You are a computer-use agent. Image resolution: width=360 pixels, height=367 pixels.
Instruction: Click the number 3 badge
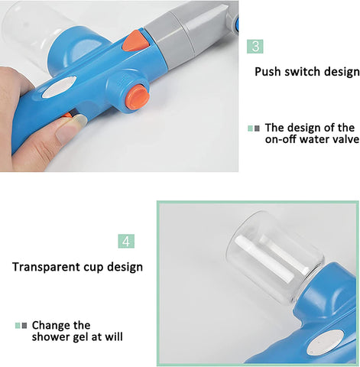point(255,47)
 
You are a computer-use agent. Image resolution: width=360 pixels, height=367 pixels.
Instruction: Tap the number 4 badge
point(126,241)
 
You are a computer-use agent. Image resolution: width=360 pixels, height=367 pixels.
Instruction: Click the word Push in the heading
point(268,72)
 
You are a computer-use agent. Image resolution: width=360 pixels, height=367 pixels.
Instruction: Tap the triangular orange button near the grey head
point(135,41)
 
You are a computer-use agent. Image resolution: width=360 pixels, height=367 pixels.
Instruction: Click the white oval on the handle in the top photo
point(59,88)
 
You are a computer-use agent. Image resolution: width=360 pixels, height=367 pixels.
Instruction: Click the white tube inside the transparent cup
point(271,258)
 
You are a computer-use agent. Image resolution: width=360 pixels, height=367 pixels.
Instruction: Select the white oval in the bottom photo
point(325,343)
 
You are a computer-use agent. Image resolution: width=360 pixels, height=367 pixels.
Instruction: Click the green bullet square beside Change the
point(18,326)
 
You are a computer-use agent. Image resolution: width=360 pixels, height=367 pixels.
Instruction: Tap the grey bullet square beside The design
point(257,128)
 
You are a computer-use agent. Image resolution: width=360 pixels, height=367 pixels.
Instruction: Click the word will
point(114,336)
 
